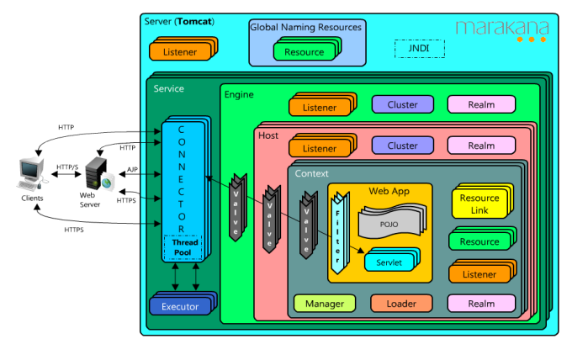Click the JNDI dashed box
click(x=419, y=48)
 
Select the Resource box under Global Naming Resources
click(x=304, y=52)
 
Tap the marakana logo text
click(x=501, y=28)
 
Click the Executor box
click(x=179, y=306)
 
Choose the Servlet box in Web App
click(x=389, y=262)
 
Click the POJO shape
click(x=388, y=225)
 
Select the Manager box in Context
click(x=324, y=304)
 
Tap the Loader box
click(x=401, y=304)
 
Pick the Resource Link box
click(x=479, y=204)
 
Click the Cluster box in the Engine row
click(x=402, y=104)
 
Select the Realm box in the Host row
click(x=480, y=146)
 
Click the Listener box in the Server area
click(x=179, y=52)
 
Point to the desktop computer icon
click(x=29, y=173)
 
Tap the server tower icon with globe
click(x=98, y=176)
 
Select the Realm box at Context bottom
click(x=480, y=304)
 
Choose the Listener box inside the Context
click(x=479, y=274)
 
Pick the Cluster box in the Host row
click(x=402, y=146)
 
